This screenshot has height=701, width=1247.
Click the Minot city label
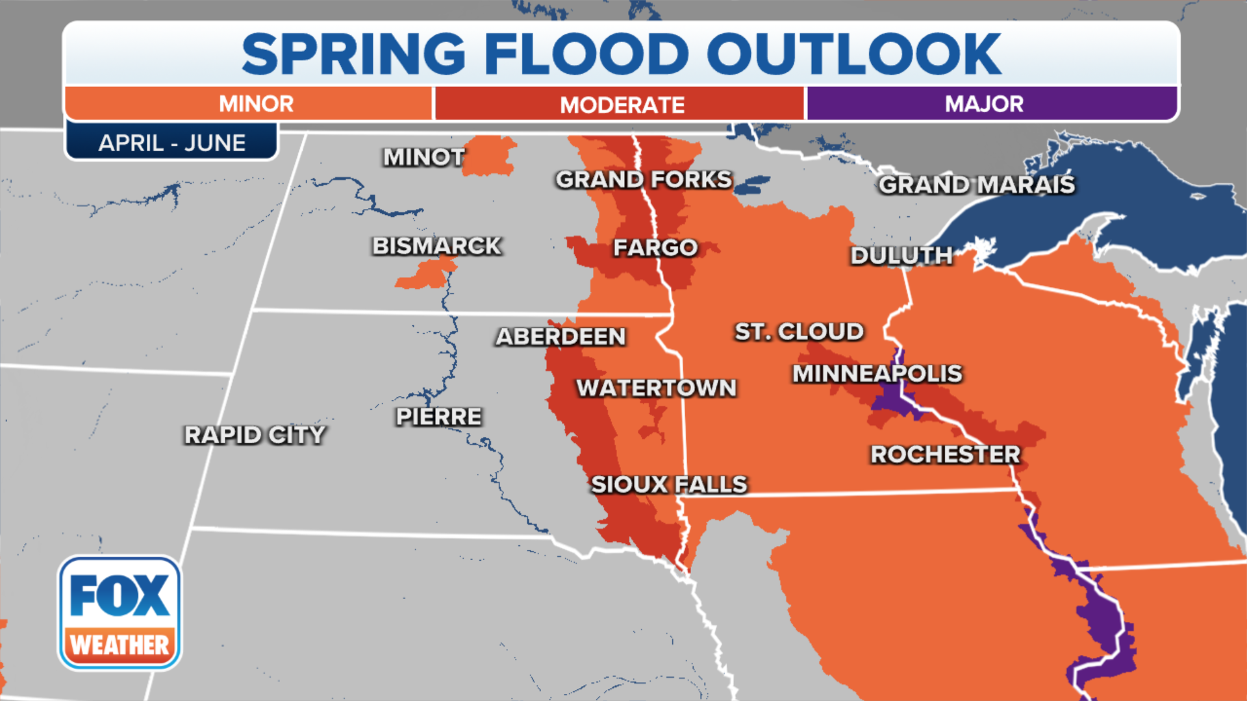pos(423,157)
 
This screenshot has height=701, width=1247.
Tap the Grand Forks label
pos(644,180)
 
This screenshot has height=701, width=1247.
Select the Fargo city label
pos(655,247)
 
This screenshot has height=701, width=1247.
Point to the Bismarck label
pos(436,246)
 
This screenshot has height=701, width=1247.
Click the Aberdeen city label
pos(561,336)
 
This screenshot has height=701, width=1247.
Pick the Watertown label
pos(656,388)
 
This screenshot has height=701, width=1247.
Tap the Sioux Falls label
pos(669,484)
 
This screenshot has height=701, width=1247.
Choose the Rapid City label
pos(255,435)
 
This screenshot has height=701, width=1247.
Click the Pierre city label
pos(439,417)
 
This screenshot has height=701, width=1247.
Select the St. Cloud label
pos(799,332)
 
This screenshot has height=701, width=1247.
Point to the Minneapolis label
pos(877,374)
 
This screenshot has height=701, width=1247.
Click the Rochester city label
pos(945,454)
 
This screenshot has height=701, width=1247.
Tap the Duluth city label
pos(901,256)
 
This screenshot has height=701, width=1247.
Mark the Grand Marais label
pos(976,185)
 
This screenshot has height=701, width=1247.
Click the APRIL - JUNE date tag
pos(171,143)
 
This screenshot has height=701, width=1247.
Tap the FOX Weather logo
pos(120,613)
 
